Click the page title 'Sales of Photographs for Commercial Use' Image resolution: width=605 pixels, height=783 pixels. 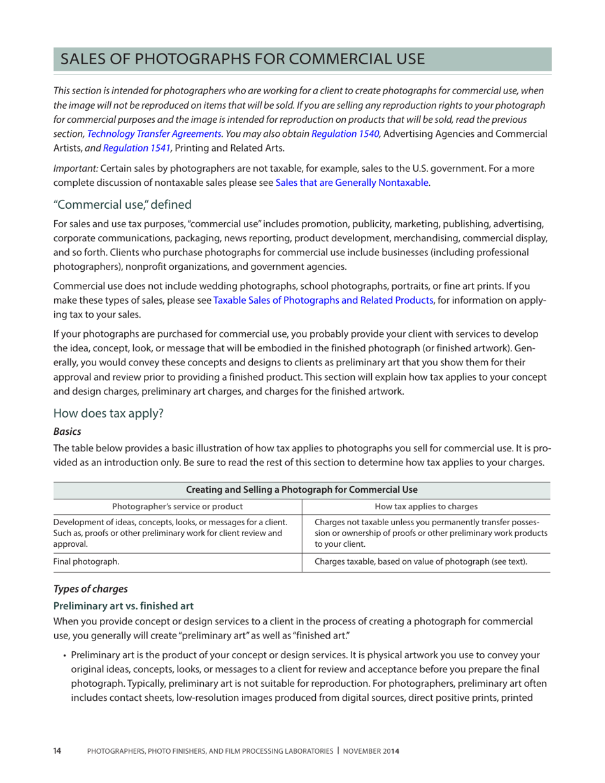[x=241, y=59]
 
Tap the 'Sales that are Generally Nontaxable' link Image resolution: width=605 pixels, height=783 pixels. [x=352, y=183]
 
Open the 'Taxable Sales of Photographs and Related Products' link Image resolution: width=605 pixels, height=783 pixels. [x=324, y=300]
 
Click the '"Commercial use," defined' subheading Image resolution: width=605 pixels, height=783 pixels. [x=118, y=205]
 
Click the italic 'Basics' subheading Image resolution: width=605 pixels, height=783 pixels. [x=67, y=431]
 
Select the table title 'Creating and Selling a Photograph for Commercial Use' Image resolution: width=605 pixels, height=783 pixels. [x=302, y=490]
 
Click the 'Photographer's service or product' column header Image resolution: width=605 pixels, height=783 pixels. [x=177, y=507]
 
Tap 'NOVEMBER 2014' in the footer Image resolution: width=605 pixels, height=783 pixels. [x=371, y=752]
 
